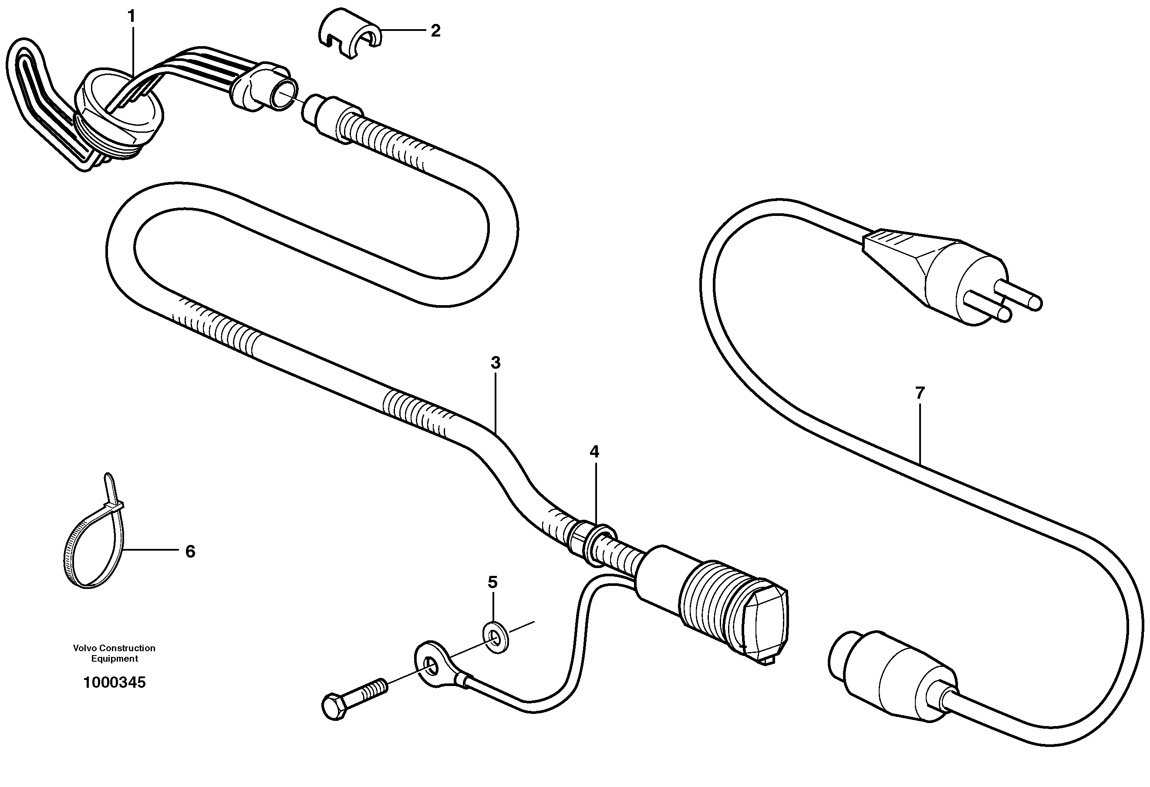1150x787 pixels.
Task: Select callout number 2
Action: [435, 31]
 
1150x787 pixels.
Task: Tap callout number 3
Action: [496, 363]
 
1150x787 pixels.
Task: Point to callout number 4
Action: [594, 452]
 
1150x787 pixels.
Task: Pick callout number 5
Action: [492, 583]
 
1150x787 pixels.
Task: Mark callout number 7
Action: [919, 393]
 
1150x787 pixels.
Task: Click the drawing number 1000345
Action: [115, 683]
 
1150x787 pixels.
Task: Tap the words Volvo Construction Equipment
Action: [115, 653]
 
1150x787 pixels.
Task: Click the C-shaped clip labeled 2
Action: [349, 33]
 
